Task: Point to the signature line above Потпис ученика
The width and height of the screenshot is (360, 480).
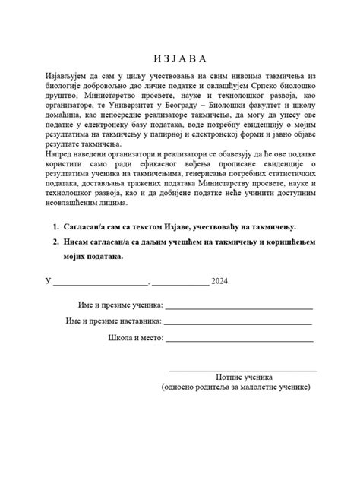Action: [x=242, y=370]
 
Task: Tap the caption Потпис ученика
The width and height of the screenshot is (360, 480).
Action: [x=244, y=377]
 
